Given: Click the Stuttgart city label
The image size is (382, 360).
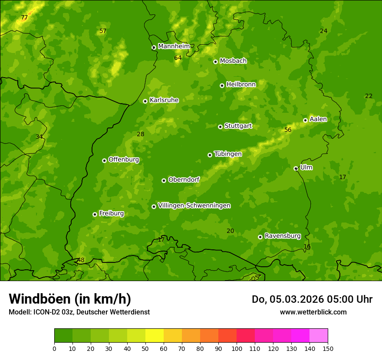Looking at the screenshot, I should pos(238,126).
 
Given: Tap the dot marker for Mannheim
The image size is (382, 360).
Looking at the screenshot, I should pos(154,48).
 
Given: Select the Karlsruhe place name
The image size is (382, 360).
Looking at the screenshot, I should pos(164,100).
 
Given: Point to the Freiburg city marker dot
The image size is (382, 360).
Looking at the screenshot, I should pos(95,214).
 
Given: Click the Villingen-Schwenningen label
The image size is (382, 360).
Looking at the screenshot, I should pos(194,206).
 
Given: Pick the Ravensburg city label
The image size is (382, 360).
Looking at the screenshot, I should pos(282,236).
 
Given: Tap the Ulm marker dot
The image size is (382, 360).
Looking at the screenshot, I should pos(296,168).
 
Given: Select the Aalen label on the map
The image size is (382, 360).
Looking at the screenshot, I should pos(318,119).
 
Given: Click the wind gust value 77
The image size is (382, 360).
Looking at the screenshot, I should pos(24,18).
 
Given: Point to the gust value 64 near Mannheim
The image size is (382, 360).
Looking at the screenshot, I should pos(178,58).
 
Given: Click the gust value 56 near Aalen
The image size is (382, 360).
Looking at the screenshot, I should pos(288,130).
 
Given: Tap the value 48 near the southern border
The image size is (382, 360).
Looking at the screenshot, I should pos(81,260).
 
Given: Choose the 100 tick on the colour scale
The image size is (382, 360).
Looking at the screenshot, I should pos(237,348).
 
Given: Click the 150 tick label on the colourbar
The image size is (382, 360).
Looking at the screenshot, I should pos(328,348).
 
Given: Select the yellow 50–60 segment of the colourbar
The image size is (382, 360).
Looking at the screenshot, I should pos(155,335).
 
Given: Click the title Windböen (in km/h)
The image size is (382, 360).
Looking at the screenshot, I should pos(70,299).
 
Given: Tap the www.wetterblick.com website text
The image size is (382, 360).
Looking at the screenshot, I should pos(313,312).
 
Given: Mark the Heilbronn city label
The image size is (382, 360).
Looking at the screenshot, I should pos(241,85).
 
